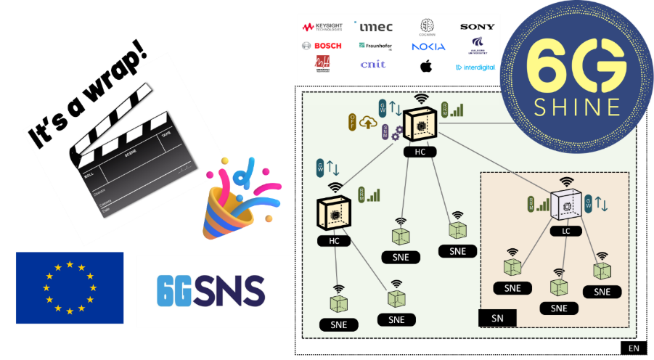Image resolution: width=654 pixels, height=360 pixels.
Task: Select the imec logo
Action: point(375,27)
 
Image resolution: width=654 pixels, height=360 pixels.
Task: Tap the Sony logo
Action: point(477,27)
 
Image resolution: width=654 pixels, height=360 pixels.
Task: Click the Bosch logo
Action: point(322,46)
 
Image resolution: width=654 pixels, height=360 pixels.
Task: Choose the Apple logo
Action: point(426,66)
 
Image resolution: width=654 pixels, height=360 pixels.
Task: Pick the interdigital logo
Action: point(475,67)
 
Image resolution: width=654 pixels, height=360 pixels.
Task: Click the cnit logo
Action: point(373,65)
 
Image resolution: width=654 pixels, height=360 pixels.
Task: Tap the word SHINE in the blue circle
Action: point(577,107)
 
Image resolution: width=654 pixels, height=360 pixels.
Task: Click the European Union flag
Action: point(70,287)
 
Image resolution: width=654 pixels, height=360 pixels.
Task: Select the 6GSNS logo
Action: point(213,290)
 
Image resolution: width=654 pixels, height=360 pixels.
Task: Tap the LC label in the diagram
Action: point(565,231)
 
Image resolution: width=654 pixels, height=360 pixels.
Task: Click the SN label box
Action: point(497,318)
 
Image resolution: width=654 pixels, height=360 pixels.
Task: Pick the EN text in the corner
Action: point(634,349)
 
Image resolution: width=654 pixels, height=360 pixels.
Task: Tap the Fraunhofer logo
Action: point(375,46)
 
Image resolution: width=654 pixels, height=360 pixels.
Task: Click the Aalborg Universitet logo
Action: point(477,45)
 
